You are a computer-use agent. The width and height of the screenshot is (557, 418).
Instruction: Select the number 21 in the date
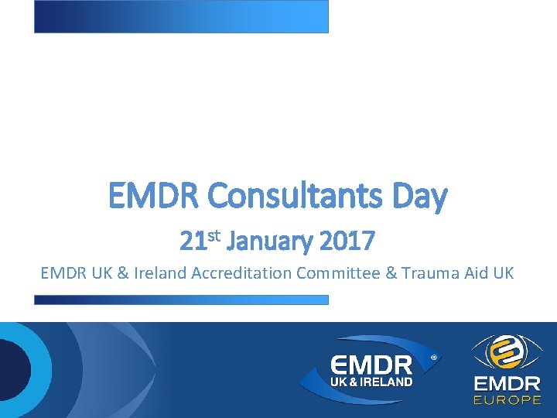pyautogui.click(x=192, y=242)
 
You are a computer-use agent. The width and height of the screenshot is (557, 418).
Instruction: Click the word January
pyautogui.click(x=266, y=242)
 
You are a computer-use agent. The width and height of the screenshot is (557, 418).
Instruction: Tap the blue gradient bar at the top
pyautogui.click(x=181, y=16)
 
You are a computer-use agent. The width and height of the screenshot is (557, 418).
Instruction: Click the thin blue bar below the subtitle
pyautogui.click(x=181, y=300)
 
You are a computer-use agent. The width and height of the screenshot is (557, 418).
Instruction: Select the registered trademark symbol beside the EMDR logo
pyautogui.click(x=433, y=358)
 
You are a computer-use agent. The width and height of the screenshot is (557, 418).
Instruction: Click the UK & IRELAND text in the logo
pyautogui.click(x=372, y=382)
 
